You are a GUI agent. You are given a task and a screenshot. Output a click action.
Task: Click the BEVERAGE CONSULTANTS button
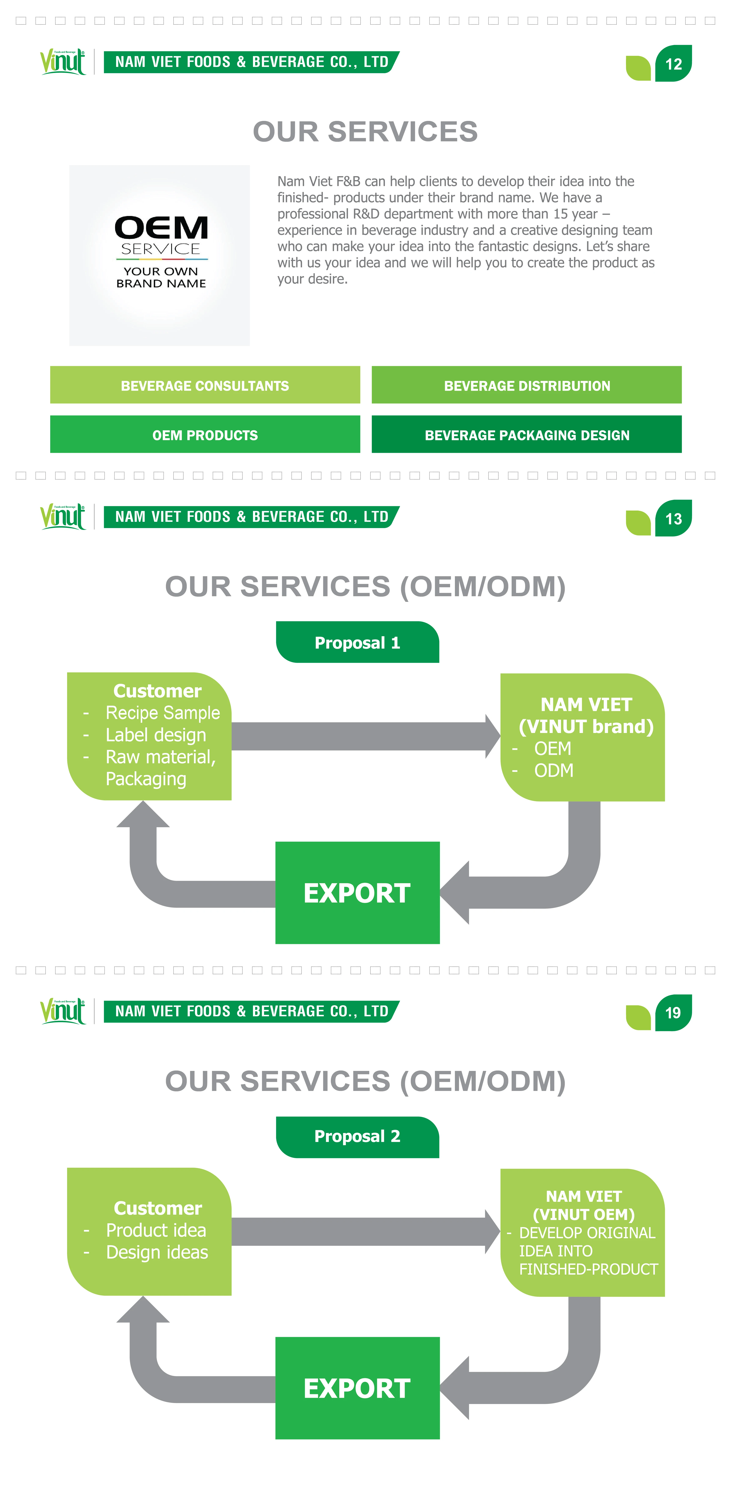coord(205,385)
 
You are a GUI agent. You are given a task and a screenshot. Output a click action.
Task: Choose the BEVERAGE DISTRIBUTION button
coord(527,385)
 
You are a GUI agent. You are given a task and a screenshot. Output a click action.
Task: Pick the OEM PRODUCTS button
coord(205,435)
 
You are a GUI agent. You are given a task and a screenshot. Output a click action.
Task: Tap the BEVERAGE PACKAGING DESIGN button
coord(527,435)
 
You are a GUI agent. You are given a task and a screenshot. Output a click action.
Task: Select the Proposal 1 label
coord(357,642)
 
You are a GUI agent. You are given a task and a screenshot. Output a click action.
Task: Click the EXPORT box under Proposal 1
coord(357,893)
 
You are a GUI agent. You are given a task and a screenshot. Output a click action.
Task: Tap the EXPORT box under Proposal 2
coord(357,1388)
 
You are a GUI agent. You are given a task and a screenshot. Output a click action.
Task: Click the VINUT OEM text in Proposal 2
coord(584,1214)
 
